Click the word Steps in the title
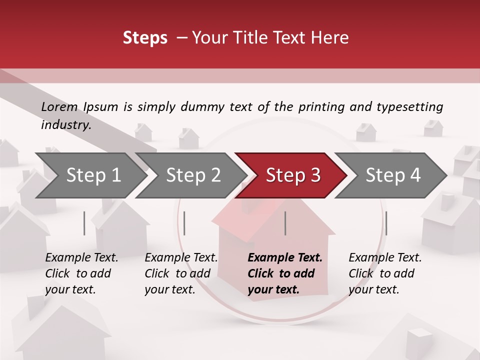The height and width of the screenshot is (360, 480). tap(145, 38)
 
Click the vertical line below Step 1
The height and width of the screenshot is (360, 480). tap(84, 223)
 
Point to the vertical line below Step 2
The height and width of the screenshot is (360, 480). tap(184, 223)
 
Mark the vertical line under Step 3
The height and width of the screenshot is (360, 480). tap(285, 223)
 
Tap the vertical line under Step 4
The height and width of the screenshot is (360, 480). tap(386, 223)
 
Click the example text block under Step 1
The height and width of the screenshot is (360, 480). tap(81, 273)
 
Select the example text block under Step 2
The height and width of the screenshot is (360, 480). tap(181, 273)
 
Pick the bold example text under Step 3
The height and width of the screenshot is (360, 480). tap(285, 273)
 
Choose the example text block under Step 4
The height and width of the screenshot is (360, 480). tap(385, 273)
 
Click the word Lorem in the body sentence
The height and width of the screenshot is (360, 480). tap(59, 106)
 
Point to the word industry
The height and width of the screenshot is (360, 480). tap(66, 125)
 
